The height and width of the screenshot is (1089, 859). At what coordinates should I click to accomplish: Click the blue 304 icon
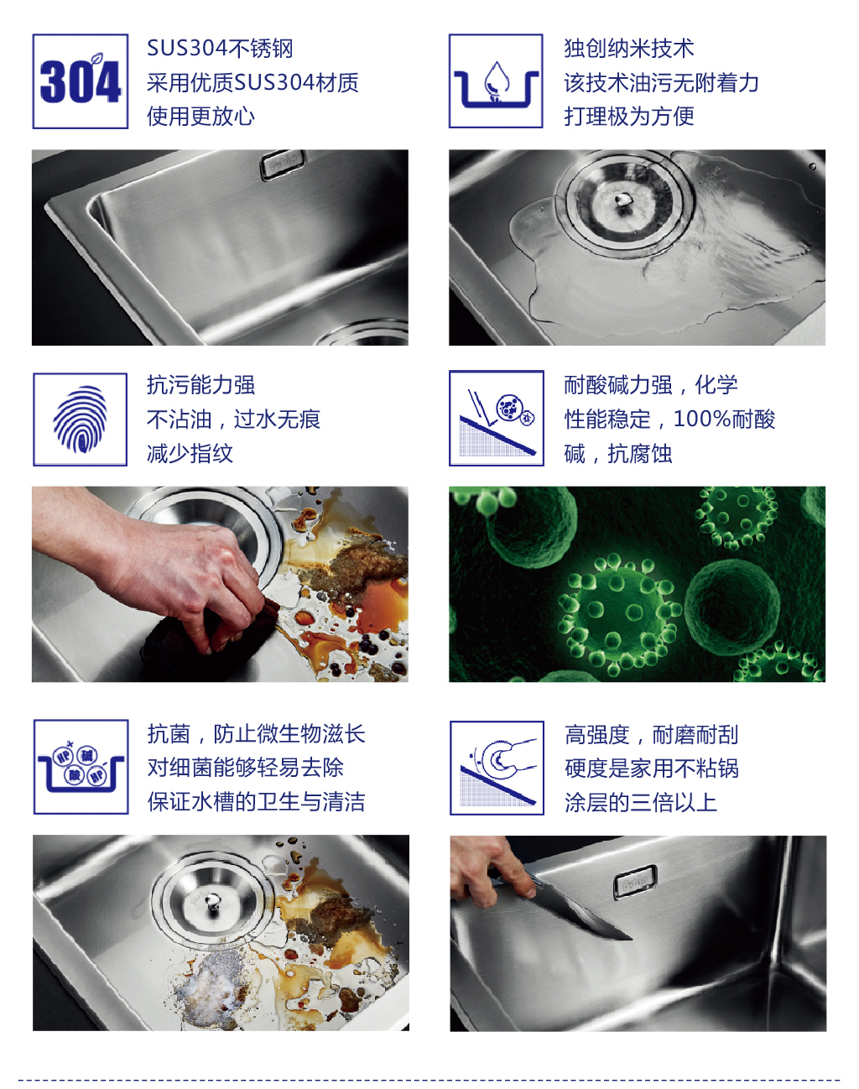(80, 81)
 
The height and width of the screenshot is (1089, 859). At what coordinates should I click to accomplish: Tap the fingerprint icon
(80, 419)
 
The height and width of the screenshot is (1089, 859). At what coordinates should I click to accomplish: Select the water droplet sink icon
(496, 81)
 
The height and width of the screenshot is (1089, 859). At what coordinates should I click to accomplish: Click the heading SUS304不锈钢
(220, 49)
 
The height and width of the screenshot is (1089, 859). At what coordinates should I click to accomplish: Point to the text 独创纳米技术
(629, 49)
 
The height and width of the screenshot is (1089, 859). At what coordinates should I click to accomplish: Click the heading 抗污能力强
(200, 384)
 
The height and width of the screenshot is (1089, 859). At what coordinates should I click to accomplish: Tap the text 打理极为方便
(629, 117)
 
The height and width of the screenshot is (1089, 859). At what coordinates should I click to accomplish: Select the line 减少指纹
(190, 453)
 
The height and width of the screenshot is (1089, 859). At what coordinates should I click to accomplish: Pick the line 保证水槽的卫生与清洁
(256, 801)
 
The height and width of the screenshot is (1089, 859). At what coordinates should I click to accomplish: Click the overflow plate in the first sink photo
(284, 165)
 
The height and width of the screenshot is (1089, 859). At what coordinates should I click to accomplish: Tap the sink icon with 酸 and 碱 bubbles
(81, 766)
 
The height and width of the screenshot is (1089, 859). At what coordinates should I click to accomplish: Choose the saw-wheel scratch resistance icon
(497, 768)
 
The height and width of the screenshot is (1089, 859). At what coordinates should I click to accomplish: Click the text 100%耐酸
(724, 419)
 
